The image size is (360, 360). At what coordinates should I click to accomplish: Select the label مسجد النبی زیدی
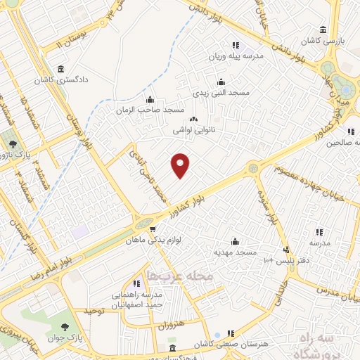tap(220, 93)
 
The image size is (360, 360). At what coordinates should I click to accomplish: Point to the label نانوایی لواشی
tap(194, 130)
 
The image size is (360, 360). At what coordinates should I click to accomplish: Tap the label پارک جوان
tap(65, 338)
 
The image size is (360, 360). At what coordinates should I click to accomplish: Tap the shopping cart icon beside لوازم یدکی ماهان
tap(151, 229)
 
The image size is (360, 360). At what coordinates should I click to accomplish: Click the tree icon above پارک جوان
tap(65, 326)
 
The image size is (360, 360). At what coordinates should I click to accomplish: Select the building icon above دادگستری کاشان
tap(62, 69)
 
